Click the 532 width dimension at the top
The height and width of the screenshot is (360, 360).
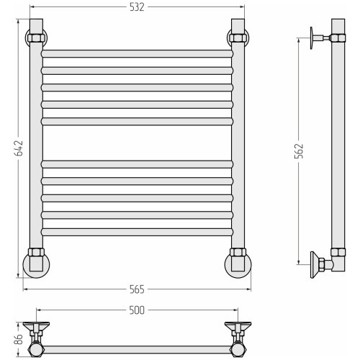(137, 7)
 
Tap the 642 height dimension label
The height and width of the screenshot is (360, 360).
(19, 148)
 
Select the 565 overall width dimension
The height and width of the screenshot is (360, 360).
(137, 289)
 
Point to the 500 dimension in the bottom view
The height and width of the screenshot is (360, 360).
(137, 310)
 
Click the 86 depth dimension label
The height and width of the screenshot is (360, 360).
(19, 339)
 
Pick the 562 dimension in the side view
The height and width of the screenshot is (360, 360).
(300, 151)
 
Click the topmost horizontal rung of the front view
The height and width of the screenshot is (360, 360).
(137, 54)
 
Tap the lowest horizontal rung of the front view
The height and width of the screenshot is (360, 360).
(137, 232)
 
